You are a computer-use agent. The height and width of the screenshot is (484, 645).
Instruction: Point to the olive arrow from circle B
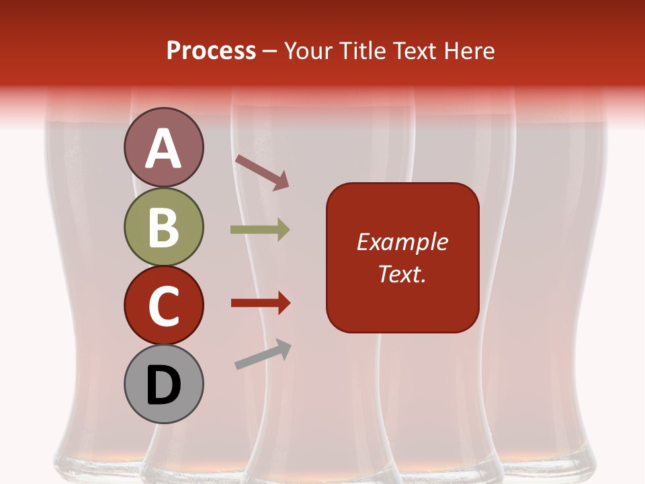pos(260,230)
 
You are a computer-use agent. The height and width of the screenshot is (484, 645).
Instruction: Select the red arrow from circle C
pos(260,303)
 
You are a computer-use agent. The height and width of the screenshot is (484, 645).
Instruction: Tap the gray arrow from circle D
pos(263,354)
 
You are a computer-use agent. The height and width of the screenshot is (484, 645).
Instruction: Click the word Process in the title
pos(211,51)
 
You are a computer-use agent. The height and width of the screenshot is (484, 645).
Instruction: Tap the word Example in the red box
pos(402,242)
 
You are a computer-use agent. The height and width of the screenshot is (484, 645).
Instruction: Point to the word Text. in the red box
pos(402,274)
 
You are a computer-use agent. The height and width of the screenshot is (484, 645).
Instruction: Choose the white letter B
pos(163,227)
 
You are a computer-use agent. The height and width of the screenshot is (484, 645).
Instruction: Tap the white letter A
pos(163,149)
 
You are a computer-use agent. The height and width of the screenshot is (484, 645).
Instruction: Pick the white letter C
pos(163,307)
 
